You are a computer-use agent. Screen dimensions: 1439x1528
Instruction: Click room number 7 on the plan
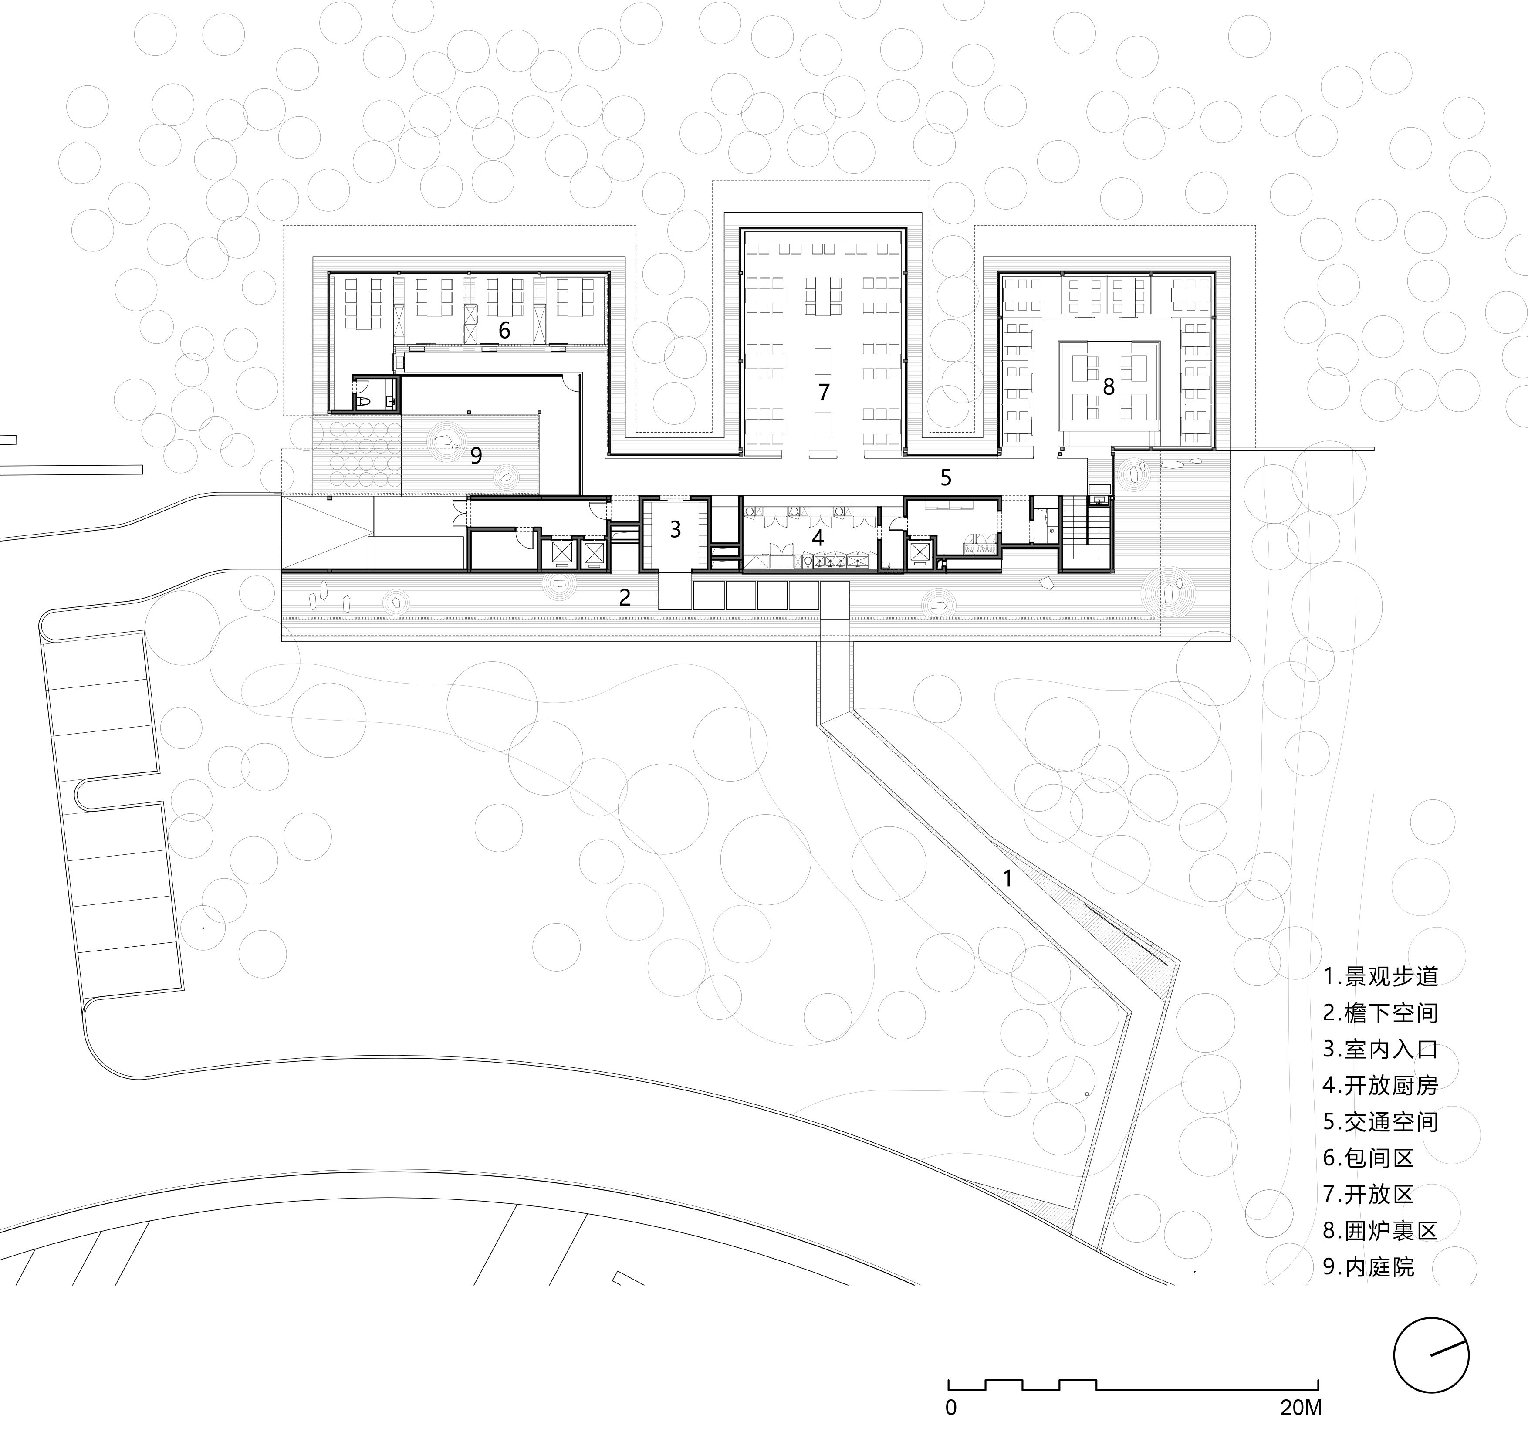pyautogui.click(x=824, y=392)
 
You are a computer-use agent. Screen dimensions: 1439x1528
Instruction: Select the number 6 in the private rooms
pyautogui.click(x=504, y=330)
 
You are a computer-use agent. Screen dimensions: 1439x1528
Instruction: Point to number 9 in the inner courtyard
pyautogui.click(x=476, y=455)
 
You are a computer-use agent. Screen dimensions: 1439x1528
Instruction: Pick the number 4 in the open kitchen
pyautogui.click(x=818, y=537)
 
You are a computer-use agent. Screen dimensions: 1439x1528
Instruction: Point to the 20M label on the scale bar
pyautogui.click(x=1301, y=1408)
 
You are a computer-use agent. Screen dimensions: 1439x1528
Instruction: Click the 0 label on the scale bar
pyautogui.click(x=952, y=1408)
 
